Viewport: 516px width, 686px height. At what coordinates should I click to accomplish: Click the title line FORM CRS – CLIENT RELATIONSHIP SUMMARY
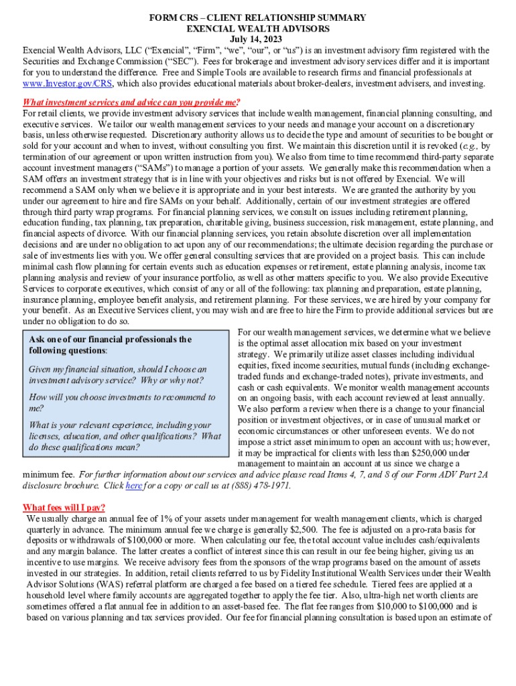pyautogui.click(x=257, y=18)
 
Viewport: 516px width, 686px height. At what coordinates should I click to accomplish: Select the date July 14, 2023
pyautogui.click(x=257, y=40)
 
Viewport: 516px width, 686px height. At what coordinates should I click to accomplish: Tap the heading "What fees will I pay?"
pyautogui.click(x=64, y=507)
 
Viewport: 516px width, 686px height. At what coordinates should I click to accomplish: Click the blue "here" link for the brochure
pyautogui.click(x=133, y=486)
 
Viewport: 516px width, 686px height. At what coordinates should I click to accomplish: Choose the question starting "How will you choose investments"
pyautogui.click(x=123, y=403)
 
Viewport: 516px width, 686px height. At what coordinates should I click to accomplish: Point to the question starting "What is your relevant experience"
pyautogui.click(x=125, y=436)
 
